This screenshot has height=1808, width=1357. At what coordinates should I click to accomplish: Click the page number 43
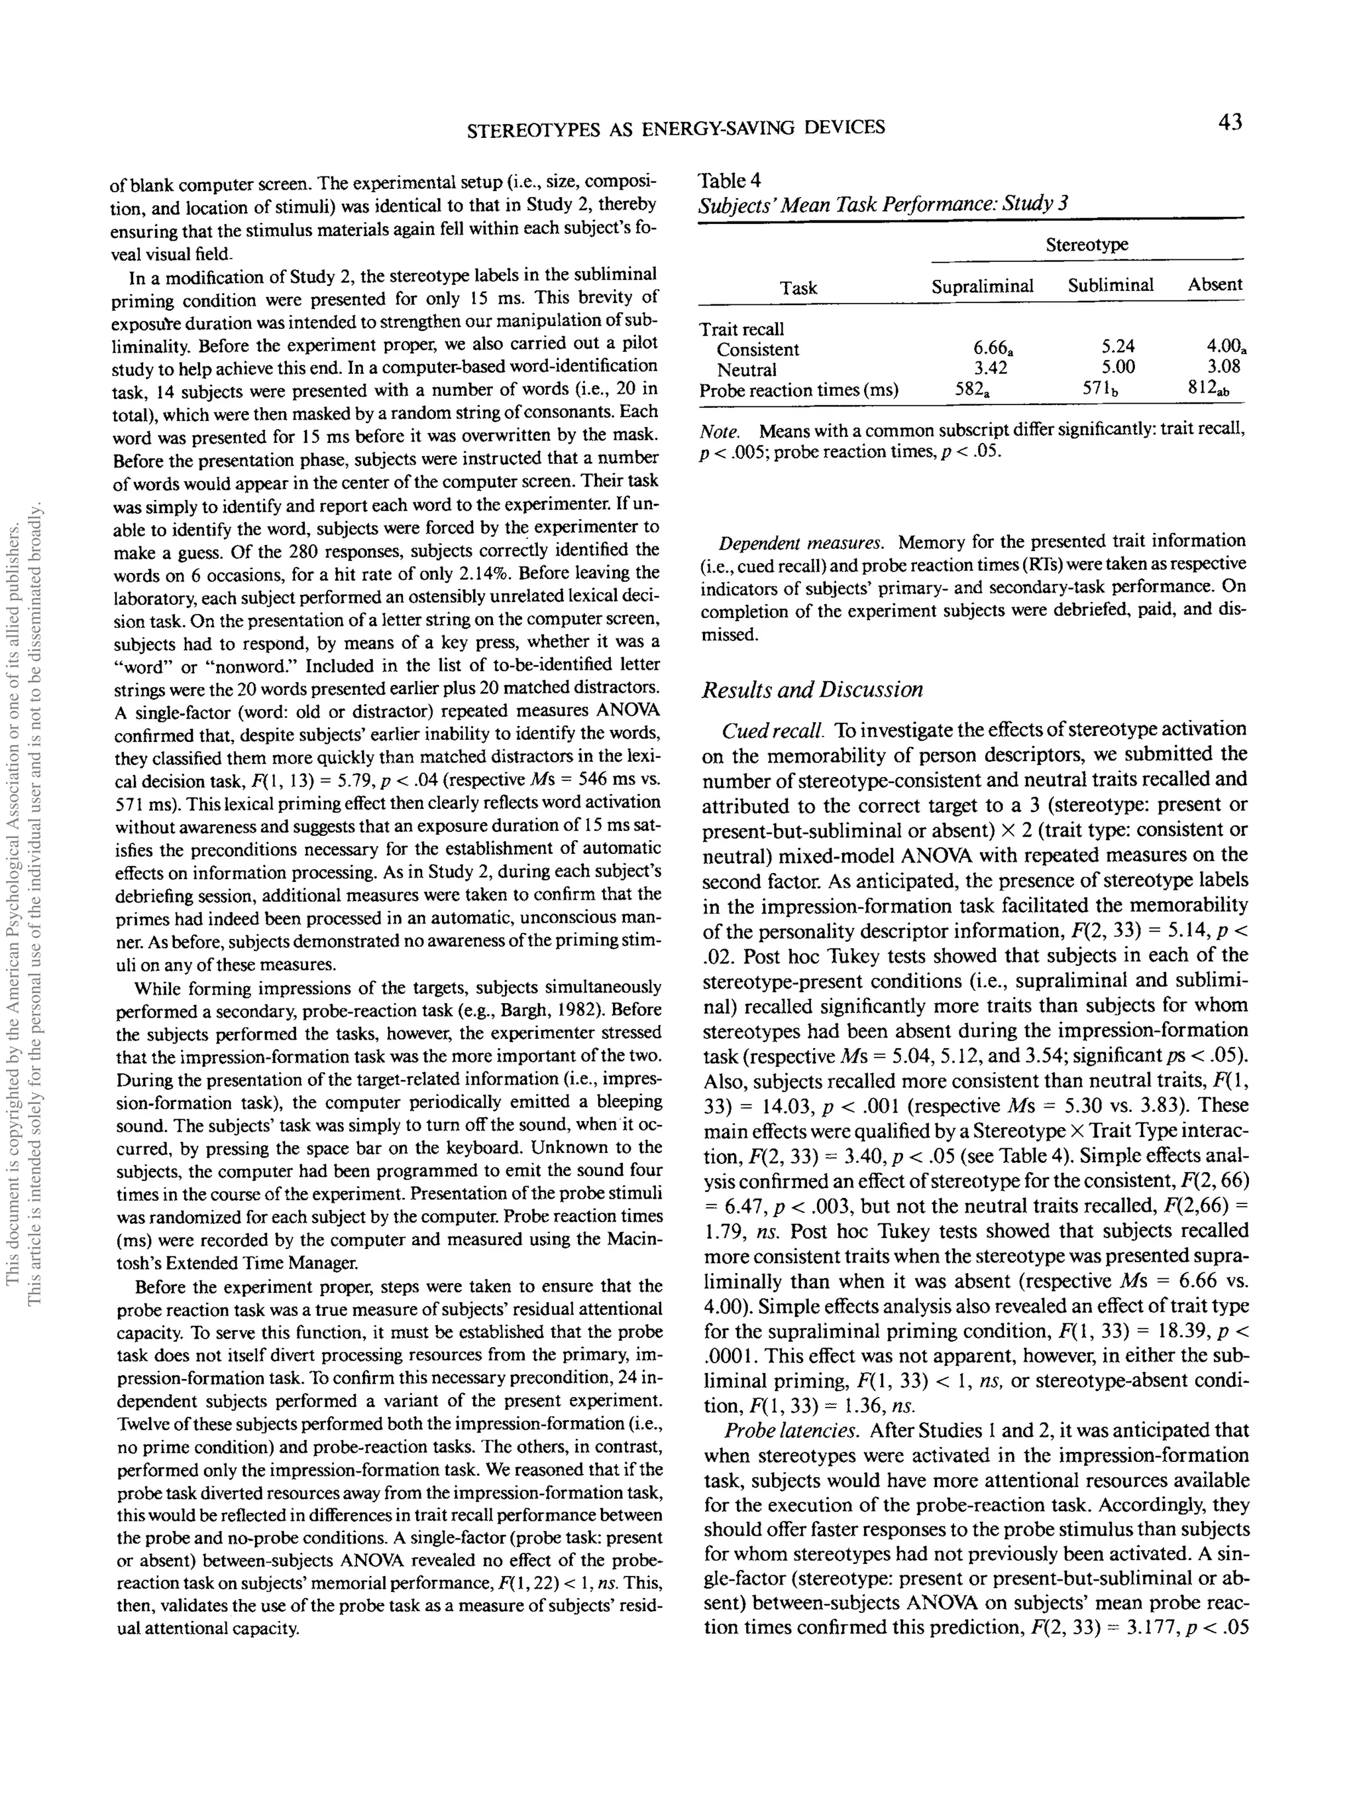point(1228,123)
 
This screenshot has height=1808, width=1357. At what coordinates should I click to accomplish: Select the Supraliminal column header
point(982,285)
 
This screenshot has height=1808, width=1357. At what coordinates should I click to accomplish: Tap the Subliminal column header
point(1111,284)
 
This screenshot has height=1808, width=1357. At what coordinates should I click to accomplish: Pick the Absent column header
point(1215,284)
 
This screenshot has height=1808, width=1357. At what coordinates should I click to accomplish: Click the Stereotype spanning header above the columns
point(1087,245)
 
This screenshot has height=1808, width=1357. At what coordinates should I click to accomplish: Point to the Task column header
point(798,288)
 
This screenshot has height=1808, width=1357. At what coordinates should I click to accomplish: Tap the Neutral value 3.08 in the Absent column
point(1223,367)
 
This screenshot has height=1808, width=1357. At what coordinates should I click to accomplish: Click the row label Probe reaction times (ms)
point(798,391)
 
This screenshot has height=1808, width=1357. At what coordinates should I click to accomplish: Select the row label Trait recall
point(741,329)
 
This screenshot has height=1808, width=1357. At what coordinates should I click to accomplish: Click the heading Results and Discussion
point(812,690)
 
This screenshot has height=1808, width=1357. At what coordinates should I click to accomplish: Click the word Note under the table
point(720,430)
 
